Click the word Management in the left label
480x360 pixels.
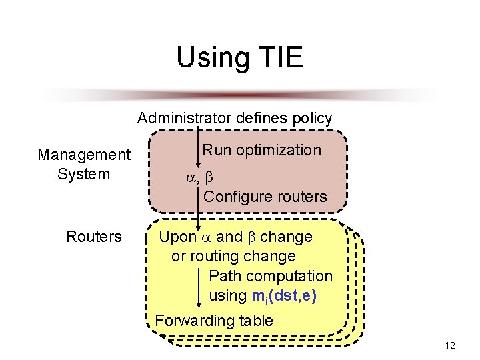click(84, 155)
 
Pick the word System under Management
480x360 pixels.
click(84, 175)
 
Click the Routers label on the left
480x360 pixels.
click(94, 237)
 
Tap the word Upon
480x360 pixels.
click(177, 237)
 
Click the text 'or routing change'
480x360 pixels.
click(233, 256)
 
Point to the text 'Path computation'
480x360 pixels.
click(271, 276)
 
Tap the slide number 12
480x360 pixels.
click(450, 345)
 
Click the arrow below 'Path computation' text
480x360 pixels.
click(201, 291)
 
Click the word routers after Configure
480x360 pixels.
click(298, 197)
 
